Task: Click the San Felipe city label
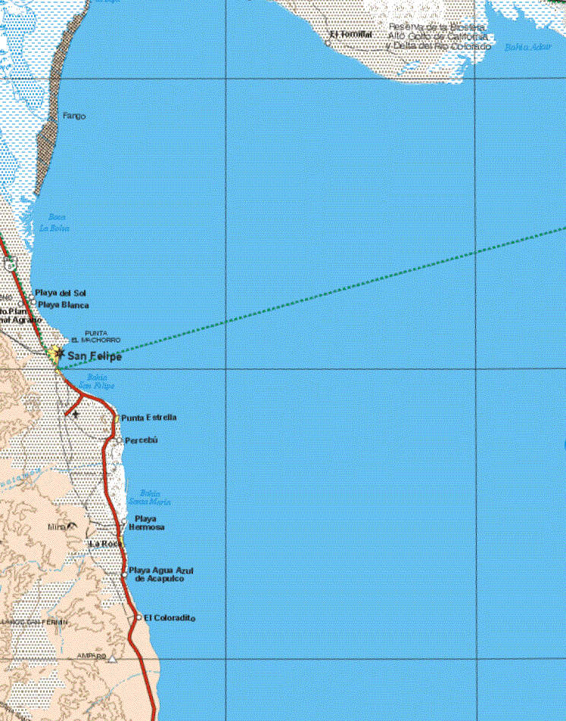tap(94, 356)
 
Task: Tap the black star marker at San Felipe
tap(59, 353)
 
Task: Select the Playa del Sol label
tap(61, 293)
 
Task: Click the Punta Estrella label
tap(148, 418)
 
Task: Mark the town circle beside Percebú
tap(120, 440)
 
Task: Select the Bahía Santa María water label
tap(150, 497)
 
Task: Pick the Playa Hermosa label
tap(145, 523)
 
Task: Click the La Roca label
tap(104, 544)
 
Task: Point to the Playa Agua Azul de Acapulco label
tap(161, 574)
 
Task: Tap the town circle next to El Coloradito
tap(139, 617)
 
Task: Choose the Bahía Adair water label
tap(527, 47)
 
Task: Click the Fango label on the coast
tap(74, 117)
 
